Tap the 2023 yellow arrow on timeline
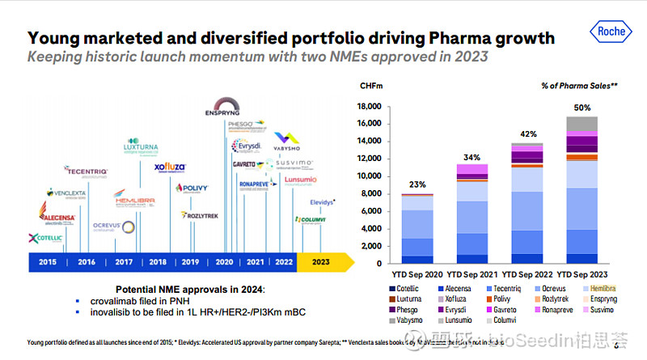click(323, 261)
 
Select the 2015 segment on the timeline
click(47, 261)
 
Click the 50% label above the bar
click(582, 108)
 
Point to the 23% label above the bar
click(417, 184)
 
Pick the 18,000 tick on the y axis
click(369, 107)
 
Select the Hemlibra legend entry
click(598, 288)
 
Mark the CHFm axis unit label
click(372, 84)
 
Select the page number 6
click(616, 345)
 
